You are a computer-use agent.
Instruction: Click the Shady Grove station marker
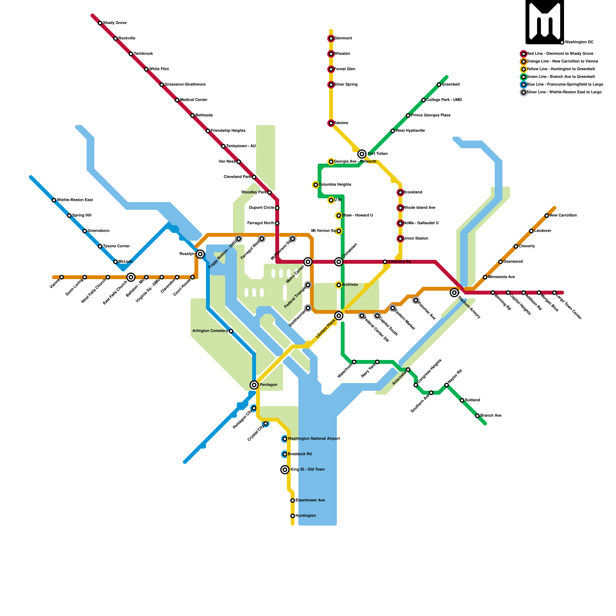click(x=100, y=23)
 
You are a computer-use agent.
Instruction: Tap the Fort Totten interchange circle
click(x=362, y=154)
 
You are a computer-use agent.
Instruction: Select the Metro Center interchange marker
click(x=308, y=262)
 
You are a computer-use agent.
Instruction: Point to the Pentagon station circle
click(x=254, y=385)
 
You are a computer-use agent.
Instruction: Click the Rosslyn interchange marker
click(x=200, y=254)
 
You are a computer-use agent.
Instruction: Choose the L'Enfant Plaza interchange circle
click(x=339, y=316)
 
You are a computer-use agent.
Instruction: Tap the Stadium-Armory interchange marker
click(x=454, y=293)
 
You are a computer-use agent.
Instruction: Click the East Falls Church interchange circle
click(x=131, y=277)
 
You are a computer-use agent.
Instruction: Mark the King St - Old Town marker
click(x=285, y=470)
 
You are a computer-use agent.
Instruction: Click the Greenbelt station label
click(x=451, y=85)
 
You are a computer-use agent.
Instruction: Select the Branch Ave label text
click(x=491, y=416)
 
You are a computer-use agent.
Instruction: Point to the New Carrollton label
click(x=563, y=216)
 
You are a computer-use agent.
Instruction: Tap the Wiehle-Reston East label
click(x=75, y=200)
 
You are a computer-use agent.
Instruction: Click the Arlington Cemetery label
click(x=210, y=331)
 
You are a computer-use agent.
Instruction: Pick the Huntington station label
click(x=306, y=516)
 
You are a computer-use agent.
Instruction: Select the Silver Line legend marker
click(x=524, y=92)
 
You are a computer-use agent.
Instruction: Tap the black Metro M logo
click(x=545, y=22)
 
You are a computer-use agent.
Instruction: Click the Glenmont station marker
click(x=331, y=38)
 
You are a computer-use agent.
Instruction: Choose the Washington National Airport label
click(x=314, y=439)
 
